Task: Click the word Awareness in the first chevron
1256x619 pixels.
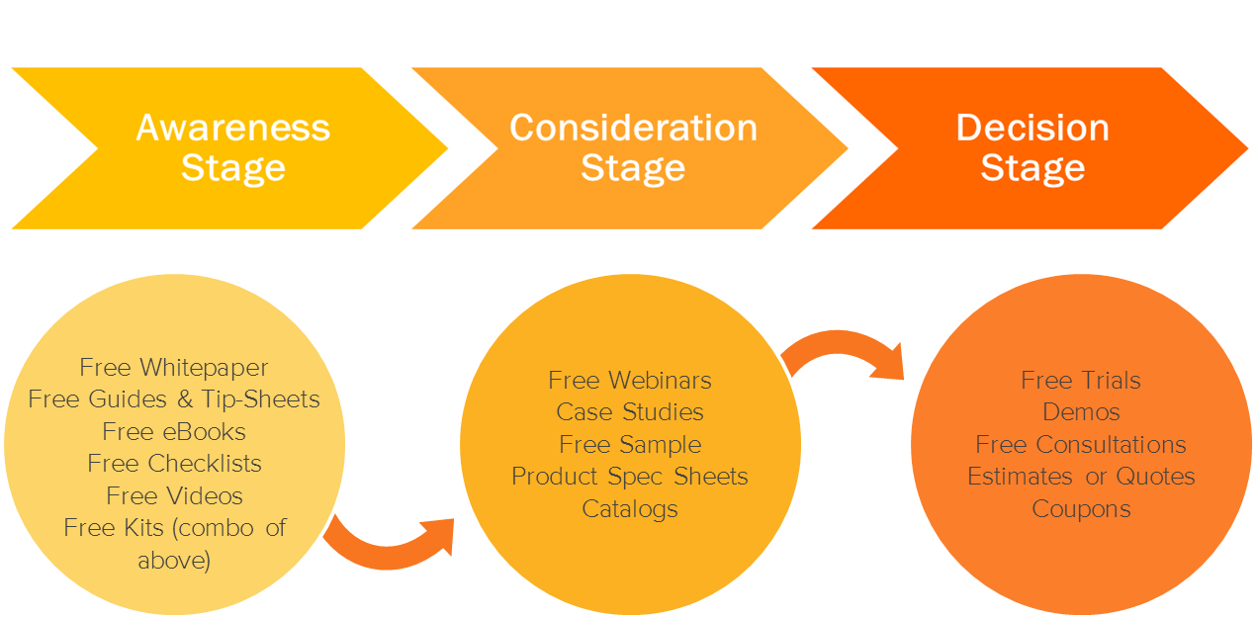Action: point(233,128)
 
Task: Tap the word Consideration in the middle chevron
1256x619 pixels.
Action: point(633,128)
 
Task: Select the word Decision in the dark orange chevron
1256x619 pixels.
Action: point(1032,128)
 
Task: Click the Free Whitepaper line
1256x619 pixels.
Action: point(174,368)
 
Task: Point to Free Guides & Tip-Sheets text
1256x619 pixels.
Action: point(174,399)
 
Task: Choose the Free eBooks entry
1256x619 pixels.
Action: point(174,432)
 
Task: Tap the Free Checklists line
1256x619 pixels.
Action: point(174,464)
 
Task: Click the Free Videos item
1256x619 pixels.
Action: point(174,495)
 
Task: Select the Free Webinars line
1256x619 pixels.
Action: point(630,381)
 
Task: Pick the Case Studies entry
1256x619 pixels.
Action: point(630,412)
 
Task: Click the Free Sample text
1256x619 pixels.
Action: point(630,445)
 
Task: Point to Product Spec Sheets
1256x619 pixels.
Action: point(630,477)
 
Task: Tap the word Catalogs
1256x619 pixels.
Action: point(630,509)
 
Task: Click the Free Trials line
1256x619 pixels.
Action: point(1081,381)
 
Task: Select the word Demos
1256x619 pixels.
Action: point(1081,412)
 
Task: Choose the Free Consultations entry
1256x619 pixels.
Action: point(1081,445)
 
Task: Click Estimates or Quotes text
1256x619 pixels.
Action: point(1081,477)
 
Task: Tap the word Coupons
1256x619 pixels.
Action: point(1081,509)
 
